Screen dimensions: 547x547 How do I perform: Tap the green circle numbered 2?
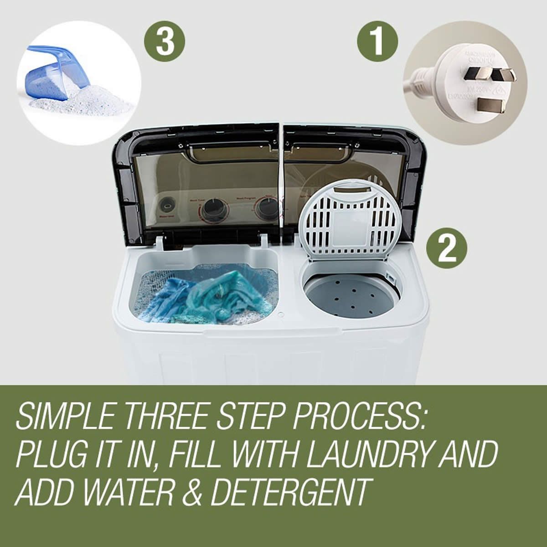point(447,249)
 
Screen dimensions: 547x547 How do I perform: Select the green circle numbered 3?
point(165,42)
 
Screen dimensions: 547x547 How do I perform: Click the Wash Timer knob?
point(211,208)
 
